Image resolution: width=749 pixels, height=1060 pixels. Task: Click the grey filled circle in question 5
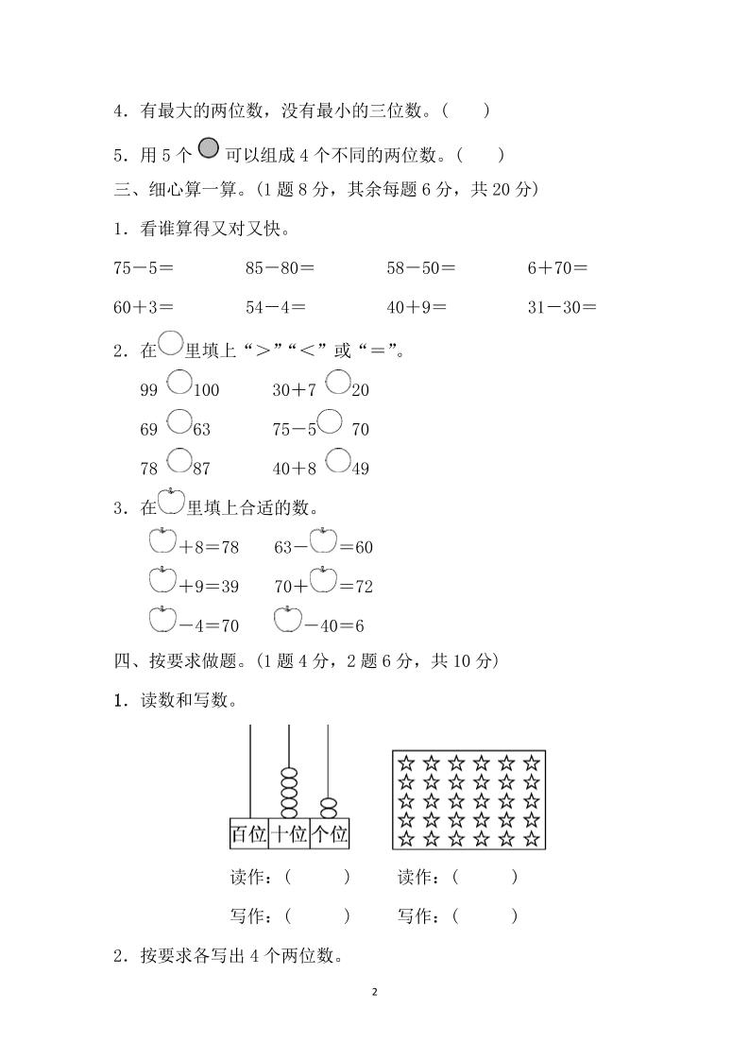pyautogui.click(x=209, y=147)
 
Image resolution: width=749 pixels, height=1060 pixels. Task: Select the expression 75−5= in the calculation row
pyautogui.click(x=144, y=268)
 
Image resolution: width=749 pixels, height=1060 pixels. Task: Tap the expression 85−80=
pyautogui.click(x=280, y=268)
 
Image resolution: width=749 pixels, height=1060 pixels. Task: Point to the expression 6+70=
pyautogui.click(x=557, y=268)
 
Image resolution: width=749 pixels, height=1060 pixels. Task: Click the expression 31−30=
pyautogui.click(x=562, y=307)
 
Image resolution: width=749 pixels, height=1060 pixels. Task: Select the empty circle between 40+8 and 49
pyautogui.click(x=337, y=461)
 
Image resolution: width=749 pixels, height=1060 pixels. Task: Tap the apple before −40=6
pyautogui.click(x=287, y=620)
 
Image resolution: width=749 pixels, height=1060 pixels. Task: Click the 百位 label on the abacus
pyautogui.click(x=248, y=834)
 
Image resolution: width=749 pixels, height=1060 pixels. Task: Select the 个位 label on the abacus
pyautogui.click(x=330, y=834)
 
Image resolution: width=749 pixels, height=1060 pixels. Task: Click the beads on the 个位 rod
pyautogui.click(x=328, y=808)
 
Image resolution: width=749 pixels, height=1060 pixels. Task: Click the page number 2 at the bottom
pyautogui.click(x=375, y=992)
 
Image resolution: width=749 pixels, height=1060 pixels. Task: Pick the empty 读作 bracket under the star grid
pyautogui.click(x=485, y=878)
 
